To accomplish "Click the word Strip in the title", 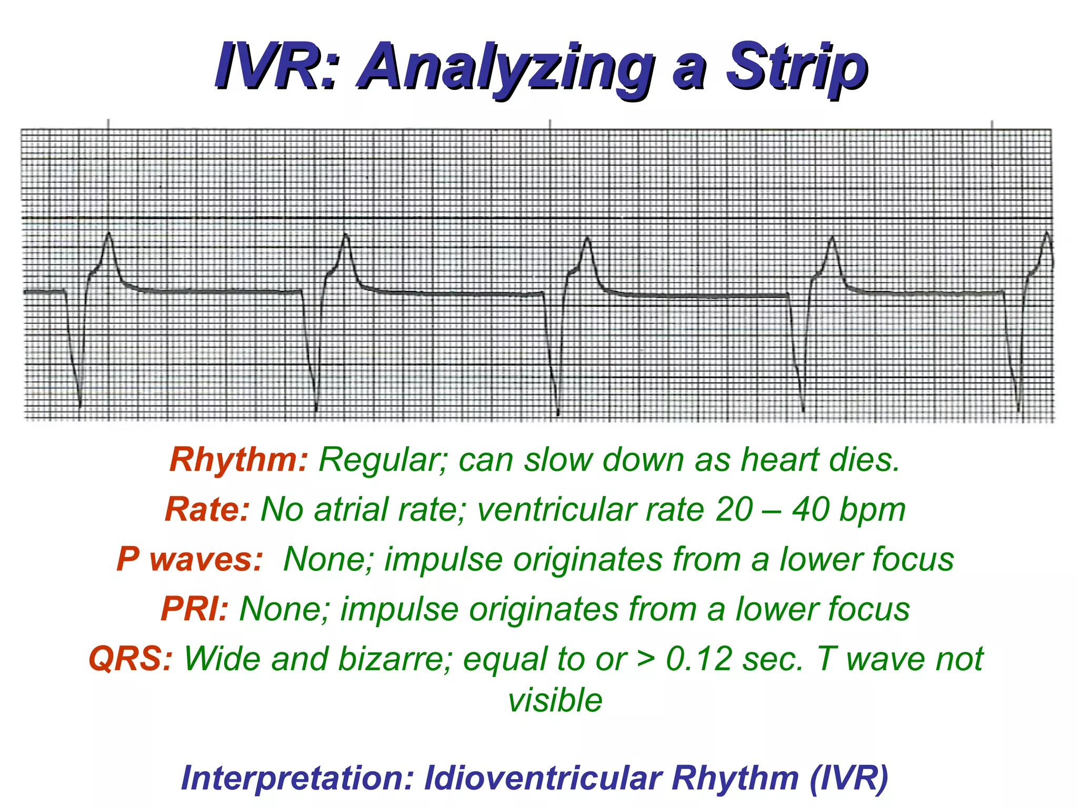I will (x=796, y=67).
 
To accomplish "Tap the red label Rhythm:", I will (x=238, y=460).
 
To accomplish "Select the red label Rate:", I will (x=207, y=509).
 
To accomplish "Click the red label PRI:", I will (x=194, y=609).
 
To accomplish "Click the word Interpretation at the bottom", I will (x=298, y=778).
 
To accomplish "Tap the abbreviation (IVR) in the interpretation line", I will (x=849, y=778).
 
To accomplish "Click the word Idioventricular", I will (x=542, y=778).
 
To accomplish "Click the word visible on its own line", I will (x=555, y=701).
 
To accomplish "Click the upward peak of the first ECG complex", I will (x=109, y=233).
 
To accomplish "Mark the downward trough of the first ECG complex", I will (x=79, y=406).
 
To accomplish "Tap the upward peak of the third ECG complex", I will (x=587, y=238).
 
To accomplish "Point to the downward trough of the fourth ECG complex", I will (x=803, y=410).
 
